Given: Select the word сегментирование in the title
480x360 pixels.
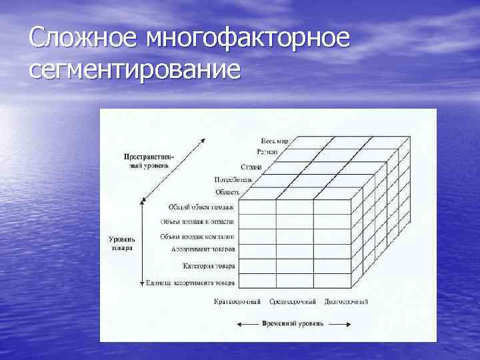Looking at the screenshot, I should coord(134,69).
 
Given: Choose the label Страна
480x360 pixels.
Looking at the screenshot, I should coord(251,167).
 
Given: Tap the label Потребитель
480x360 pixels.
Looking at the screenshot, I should coord(233,179).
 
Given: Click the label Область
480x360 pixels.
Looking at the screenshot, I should coord(227,191).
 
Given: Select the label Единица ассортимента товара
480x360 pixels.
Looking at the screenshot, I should coord(190,283).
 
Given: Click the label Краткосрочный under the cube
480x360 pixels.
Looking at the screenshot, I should coord(237,302).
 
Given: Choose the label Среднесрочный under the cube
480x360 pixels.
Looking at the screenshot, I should coord(293,302).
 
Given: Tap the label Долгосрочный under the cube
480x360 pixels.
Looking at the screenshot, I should coord(346,302).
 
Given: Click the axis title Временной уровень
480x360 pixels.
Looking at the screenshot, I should coord(293,324).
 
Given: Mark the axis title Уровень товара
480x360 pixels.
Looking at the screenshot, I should coord(122,243).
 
